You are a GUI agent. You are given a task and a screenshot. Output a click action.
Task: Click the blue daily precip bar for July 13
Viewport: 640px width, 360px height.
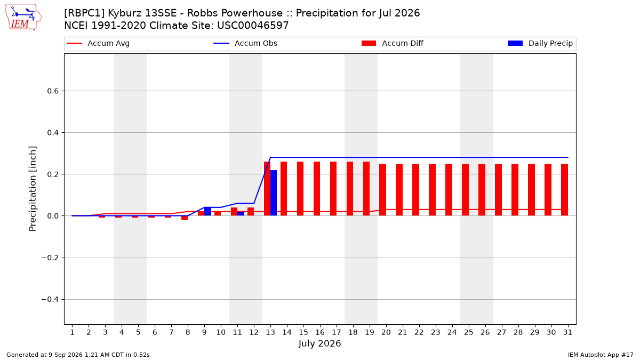(x=274, y=193)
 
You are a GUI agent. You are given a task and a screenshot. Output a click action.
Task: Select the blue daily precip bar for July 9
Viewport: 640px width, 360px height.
(x=207, y=211)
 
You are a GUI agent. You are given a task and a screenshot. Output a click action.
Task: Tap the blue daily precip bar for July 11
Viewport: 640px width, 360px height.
(x=241, y=214)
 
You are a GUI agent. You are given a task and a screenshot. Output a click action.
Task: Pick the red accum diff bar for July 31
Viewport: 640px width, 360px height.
(x=565, y=190)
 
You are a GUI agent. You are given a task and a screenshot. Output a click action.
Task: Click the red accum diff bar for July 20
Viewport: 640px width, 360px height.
(x=383, y=190)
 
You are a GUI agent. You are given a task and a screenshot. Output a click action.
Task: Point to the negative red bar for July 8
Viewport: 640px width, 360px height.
(x=185, y=218)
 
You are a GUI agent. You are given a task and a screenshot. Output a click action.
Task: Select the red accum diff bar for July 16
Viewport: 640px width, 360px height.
(x=317, y=189)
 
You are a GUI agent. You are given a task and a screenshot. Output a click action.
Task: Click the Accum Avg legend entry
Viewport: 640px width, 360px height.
(x=98, y=43)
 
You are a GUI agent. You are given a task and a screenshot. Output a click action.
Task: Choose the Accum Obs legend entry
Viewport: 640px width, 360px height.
(x=245, y=43)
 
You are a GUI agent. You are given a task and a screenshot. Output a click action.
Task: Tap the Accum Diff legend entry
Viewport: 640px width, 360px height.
(x=393, y=43)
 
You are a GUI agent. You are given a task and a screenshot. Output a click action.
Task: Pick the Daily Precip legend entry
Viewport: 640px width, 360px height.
(x=540, y=43)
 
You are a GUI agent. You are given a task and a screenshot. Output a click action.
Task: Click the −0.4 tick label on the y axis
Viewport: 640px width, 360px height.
(x=50, y=299)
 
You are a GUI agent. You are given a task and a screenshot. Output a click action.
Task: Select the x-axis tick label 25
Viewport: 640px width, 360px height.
(x=468, y=332)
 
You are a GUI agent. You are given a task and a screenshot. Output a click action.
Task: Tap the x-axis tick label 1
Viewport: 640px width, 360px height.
(x=72, y=332)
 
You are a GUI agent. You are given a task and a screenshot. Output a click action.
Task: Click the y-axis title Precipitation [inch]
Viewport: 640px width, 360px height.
(x=33, y=189)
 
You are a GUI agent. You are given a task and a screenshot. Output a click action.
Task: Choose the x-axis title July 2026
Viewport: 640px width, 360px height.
(x=319, y=343)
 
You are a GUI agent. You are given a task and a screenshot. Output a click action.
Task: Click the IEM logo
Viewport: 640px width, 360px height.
(x=23, y=18)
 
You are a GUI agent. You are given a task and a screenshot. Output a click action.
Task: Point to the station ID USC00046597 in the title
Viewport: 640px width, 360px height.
(x=253, y=26)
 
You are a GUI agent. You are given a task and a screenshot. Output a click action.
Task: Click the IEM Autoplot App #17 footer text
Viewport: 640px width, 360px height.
(x=601, y=355)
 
